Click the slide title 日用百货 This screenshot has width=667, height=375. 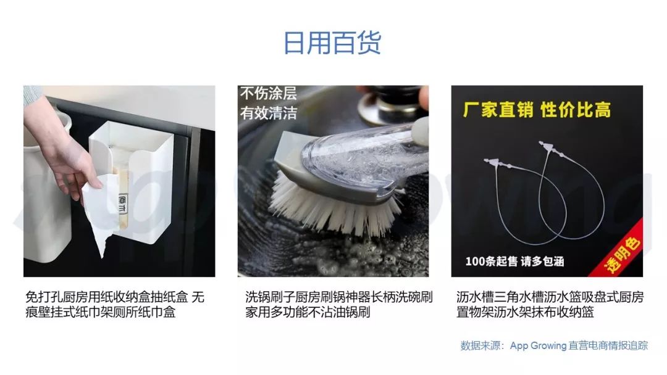click(x=332, y=43)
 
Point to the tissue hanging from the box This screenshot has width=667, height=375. click(x=100, y=212)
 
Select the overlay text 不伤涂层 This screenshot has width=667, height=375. click(x=269, y=93)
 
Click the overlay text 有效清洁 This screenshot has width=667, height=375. click(x=269, y=113)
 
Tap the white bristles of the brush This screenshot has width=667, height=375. click(x=332, y=204)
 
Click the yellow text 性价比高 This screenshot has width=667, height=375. click(x=576, y=110)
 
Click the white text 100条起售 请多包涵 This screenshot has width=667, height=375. click(x=514, y=261)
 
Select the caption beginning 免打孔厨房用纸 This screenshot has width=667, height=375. click(x=115, y=305)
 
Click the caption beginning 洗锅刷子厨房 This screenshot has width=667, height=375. click(x=338, y=305)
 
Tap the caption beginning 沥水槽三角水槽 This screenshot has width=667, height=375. click(x=550, y=305)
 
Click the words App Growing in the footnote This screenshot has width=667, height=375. click(x=538, y=345)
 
